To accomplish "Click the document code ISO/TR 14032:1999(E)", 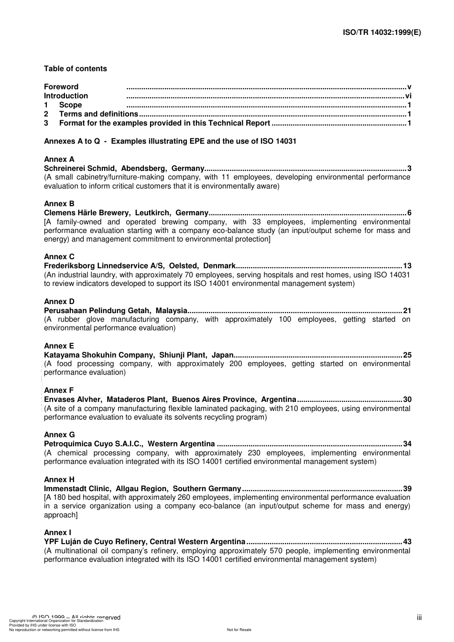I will click(x=382, y=32).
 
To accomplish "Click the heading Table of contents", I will click(x=76, y=69).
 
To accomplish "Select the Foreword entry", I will click(x=61, y=87).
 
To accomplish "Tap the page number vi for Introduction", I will click(x=408, y=96).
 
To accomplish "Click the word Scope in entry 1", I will click(x=70, y=105).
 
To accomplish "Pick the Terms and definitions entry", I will click(x=98, y=114).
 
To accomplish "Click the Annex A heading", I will click(x=59, y=159).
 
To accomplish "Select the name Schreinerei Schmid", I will click(x=80, y=168).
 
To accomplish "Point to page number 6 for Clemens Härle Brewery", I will click(x=409, y=213).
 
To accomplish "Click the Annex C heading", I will click(x=59, y=257).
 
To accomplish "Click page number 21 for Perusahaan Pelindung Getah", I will click(x=407, y=311).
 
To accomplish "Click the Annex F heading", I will click(x=59, y=390).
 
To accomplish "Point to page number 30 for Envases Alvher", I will click(x=407, y=400).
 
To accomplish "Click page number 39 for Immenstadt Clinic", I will click(x=407, y=489).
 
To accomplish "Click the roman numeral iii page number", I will click(x=419, y=618).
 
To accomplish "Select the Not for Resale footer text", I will click(x=239, y=630).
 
